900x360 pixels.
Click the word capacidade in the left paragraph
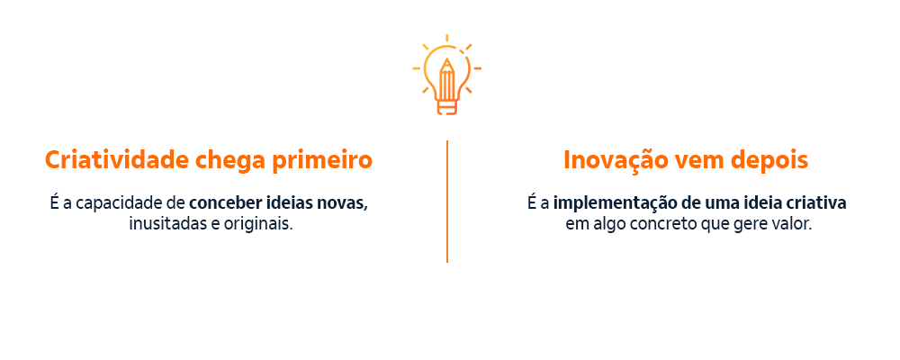click(x=119, y=202)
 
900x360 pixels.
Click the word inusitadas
click(x=167, y=223)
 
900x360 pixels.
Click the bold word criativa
click(x=815, y=202)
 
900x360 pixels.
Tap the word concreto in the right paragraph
click(x=661, y=223)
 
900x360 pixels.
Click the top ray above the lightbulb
click(x=447, y=38)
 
